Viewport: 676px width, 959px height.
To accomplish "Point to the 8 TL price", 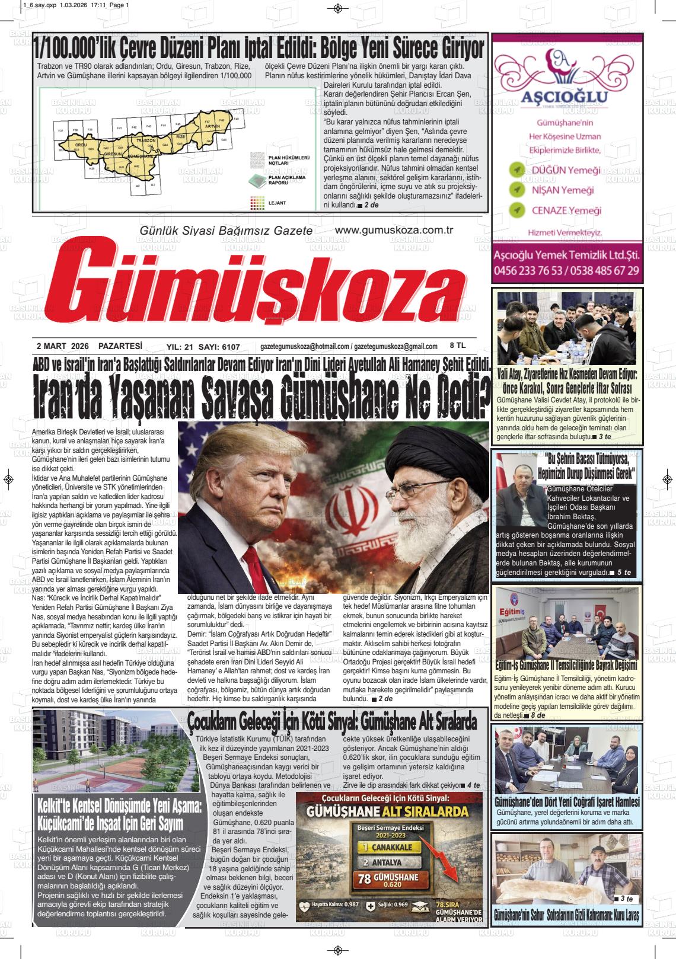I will pos(458,345).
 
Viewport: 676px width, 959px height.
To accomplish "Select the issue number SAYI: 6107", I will pos(220,347).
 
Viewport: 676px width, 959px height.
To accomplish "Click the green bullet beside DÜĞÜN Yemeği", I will pos(517,170).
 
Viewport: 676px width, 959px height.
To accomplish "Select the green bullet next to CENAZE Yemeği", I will pos(517,210).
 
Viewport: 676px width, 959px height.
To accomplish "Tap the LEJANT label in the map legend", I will pos(277,203).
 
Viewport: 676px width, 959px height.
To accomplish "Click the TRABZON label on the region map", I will pos(145,140).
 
